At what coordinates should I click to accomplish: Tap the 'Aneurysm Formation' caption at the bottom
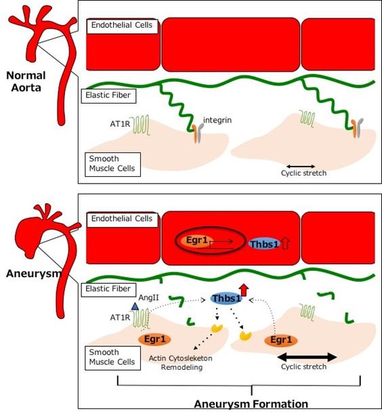pos(251,404)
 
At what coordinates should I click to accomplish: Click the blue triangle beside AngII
pos(135,307)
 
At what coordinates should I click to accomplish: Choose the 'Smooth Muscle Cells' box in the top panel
pos(112,163)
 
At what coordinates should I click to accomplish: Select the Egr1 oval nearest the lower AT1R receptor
pos(154,339)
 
